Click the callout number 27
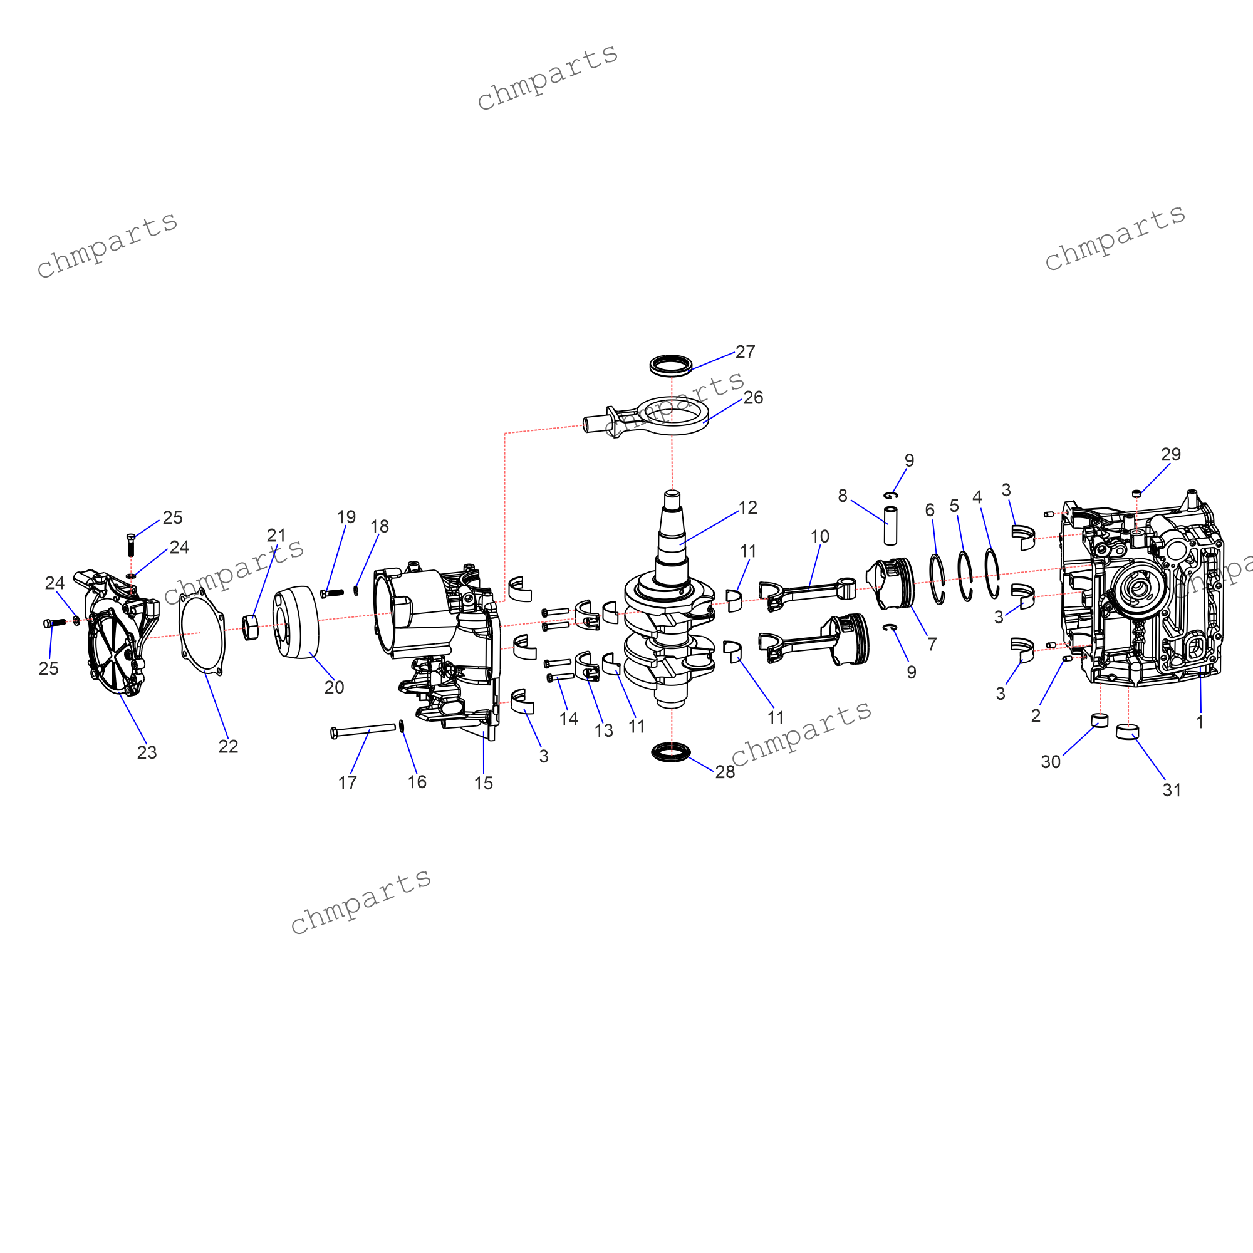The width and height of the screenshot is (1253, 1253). pyautogui.click(x=745, y=352)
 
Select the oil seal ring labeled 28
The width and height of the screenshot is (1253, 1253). pyautogui.click(x=670, y=752)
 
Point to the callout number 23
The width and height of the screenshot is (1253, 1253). pyautogui.click(x=147, y=752)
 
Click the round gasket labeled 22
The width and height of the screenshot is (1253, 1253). pyautogui.click(x=202, y=632)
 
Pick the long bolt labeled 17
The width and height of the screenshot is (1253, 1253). pyautogui.click(x=363, y=730)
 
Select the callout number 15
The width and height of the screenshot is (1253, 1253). pyautogui.click(x=483, y=784)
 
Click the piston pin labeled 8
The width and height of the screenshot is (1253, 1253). pyautogui.click(x=890, y=526)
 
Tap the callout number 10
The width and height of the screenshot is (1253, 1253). pyautogui.click(x=819, y=536)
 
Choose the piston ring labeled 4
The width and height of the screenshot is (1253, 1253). pyautogui.click(x=992, y=573)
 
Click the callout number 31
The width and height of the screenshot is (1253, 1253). pyautogui.click(x=1172, y=790)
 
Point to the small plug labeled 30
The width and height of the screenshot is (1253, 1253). pyautogui.click(x=1100, y=720)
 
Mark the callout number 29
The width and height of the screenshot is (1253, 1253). pyautogui.click(x=1171, y=455)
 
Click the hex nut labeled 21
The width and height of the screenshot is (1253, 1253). pyautogui.click(x=251, y=627)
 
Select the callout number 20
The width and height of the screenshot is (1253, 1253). pyautogui.click(x=334, y=687)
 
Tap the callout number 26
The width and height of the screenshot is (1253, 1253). pyautogui.click(x=753, y=398)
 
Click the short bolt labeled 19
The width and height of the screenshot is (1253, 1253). pyautogui.click(x=332, y=593)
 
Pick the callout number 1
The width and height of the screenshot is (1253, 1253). pyautogui.click(x=1200, y=722)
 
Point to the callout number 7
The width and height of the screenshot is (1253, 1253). pyautogui.click(x=932, y=644)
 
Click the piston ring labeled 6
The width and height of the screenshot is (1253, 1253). pyautogui.click(x=937, y=579)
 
